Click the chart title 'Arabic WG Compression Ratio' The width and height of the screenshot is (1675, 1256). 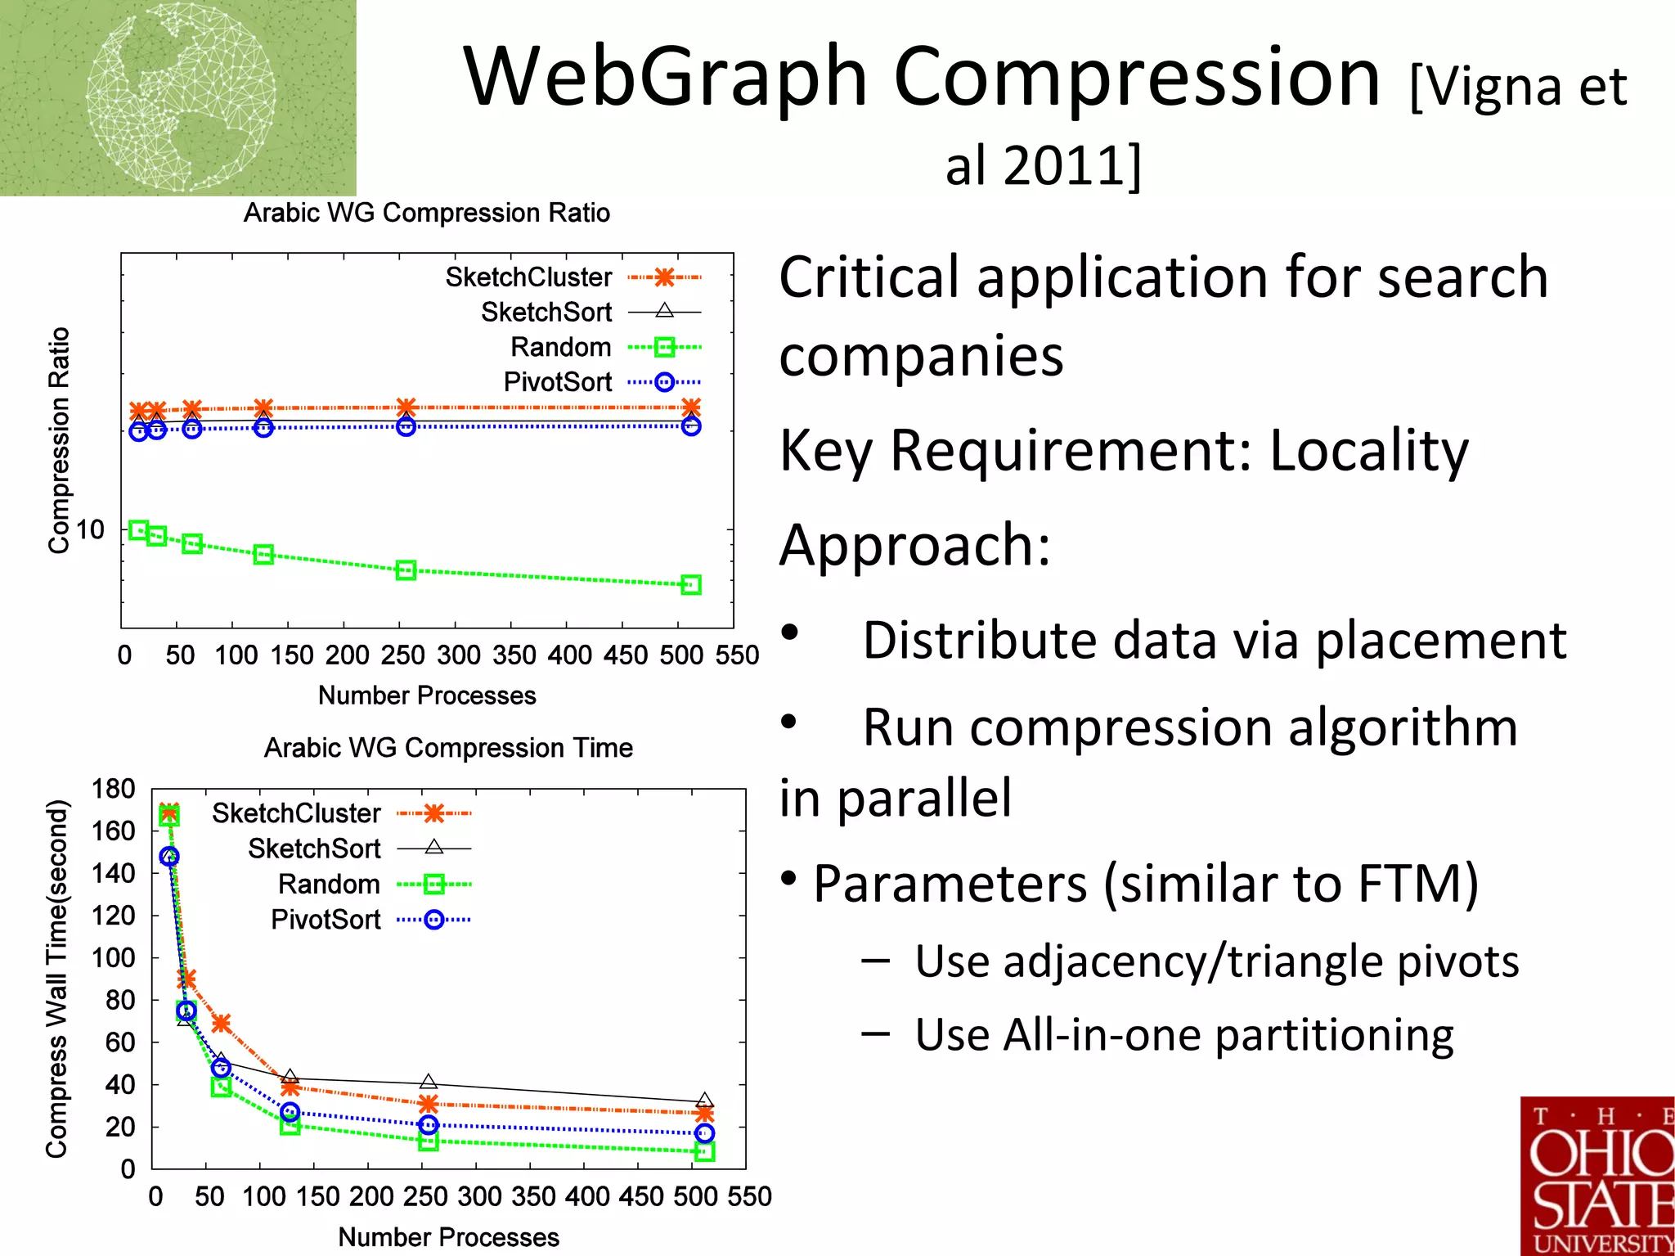click(x=426, y=213)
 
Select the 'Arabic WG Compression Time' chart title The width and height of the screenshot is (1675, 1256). click(x=448, y=748)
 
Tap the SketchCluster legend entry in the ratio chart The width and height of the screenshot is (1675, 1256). click(x=572, y=277)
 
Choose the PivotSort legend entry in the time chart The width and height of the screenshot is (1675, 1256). click(x=370, y=920)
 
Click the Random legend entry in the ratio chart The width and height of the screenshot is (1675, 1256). click(x=604, y=347)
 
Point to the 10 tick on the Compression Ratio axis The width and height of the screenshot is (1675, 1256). click(x=90, y=530)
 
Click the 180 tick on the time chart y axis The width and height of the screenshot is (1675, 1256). click(x=113, y=789)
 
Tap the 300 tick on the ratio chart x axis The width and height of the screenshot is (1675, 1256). click(x=458, y=655)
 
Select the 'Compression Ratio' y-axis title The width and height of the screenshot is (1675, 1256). click(x=59, y=440)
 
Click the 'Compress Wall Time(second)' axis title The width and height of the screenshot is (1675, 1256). click(x=56, y=979)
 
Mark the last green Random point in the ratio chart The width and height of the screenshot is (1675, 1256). click(x=691, y=585)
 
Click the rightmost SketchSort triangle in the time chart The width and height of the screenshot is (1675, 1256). click(x=705, y=1101)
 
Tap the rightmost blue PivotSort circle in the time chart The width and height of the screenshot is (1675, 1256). click(x=705, y=1133)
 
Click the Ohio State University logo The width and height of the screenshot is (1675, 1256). click(x=1597, y=1176)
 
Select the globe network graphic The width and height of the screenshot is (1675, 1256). click(x=181, y=97)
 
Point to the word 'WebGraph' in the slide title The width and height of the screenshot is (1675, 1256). click(x=665, y=77)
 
